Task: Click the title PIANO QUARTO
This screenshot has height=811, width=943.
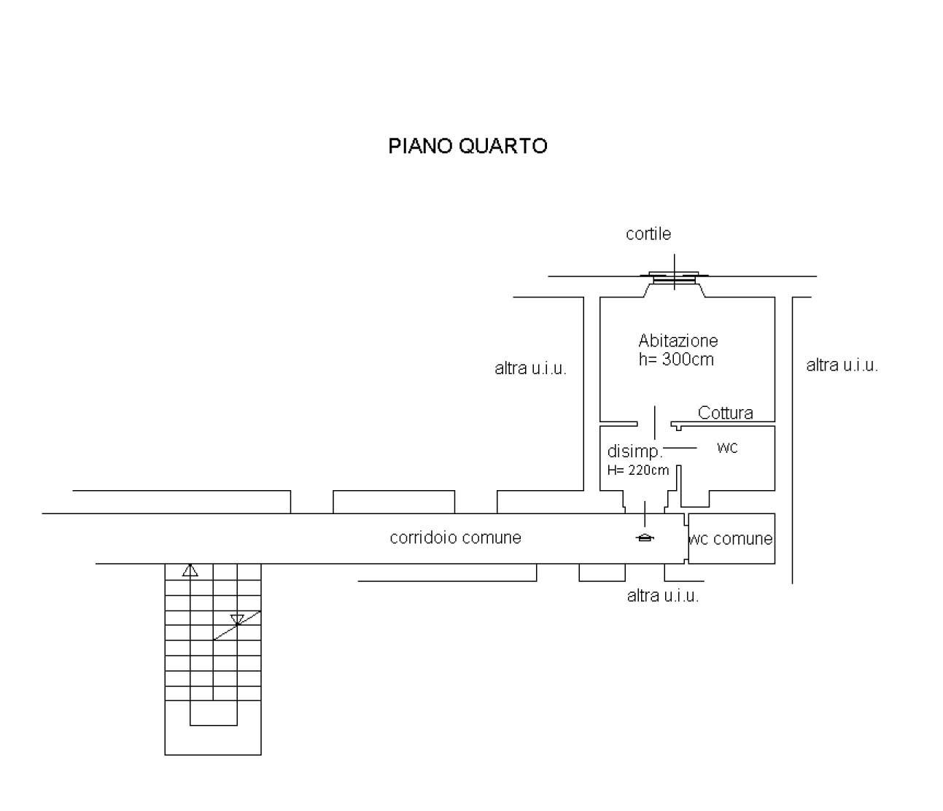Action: point(467,146)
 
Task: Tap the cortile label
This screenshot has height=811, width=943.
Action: point(648,234)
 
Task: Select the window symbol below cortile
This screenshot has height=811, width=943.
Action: point(674,277)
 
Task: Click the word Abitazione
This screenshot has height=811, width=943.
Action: point(678,341)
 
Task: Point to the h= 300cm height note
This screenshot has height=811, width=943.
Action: point(676,360)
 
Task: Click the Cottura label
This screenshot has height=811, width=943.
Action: point(725,413)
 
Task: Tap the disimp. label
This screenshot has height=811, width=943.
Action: point(635,451)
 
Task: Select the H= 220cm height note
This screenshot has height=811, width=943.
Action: point(638,470)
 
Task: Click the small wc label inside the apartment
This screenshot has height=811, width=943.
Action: point(727,448)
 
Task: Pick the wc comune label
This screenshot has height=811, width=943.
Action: point(731,539)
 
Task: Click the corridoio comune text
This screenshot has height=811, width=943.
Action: point(455,538)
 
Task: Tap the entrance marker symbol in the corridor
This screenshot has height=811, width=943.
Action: point(645,538)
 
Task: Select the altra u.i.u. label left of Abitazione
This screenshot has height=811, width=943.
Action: point(530,368)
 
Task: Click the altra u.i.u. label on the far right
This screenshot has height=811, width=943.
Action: point(842,365)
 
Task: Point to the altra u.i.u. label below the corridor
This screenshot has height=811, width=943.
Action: point(663,596)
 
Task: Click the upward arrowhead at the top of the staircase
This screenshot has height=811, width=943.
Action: point(190,570)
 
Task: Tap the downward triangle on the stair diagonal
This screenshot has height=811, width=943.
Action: point(237,620)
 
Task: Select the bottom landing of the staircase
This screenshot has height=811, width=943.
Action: point(213,740)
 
